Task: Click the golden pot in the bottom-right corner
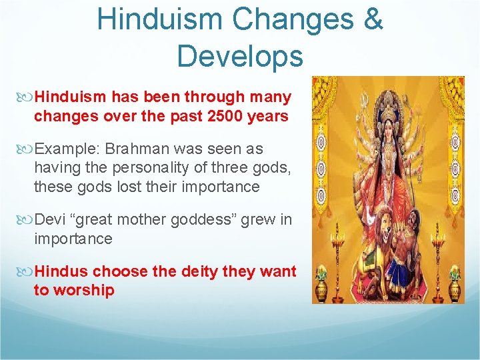coord(455,288)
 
